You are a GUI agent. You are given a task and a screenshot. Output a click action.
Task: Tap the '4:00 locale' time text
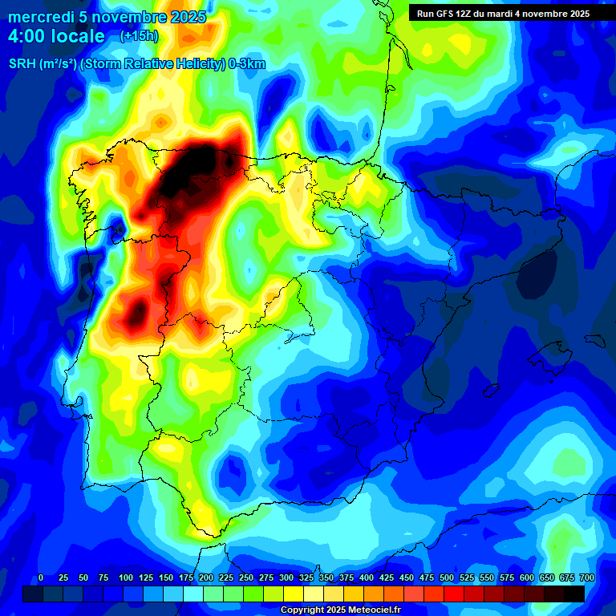tap(56, 36)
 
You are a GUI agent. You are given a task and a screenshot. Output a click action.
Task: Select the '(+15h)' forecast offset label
tap(139, 36)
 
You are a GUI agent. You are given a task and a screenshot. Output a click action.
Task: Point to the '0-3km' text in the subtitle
tap(247, 65)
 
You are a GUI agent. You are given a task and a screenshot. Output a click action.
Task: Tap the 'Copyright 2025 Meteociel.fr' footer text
tap(340, 610)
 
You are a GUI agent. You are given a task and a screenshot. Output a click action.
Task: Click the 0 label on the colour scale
tap(41, 578)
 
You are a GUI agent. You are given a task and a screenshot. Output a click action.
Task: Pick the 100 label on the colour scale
tap(126, 578)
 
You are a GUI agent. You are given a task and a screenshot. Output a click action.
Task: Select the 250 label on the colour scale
tap(246, 578)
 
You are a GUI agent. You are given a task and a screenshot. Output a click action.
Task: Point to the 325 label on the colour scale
tap(306, 578)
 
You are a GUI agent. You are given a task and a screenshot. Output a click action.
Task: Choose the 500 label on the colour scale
tap(447, 578)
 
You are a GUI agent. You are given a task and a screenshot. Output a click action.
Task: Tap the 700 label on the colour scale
tap(586, 578)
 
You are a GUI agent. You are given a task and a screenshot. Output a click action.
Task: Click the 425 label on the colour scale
tap(387, 578)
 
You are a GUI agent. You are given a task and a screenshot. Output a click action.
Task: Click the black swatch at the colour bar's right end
tap(574, 594)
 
